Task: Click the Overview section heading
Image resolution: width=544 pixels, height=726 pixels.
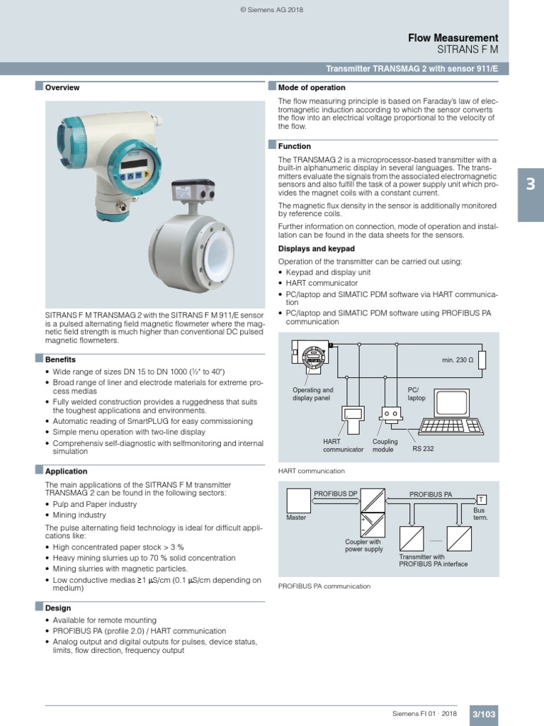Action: tap(62, 88)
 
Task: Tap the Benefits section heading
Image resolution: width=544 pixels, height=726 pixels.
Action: tap(60, 359)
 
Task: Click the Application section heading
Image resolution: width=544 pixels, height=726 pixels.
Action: tap(66, 471)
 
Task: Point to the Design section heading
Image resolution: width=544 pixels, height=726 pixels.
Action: tap(57, 608)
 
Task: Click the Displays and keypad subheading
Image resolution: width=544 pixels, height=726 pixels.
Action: tap(317, 249)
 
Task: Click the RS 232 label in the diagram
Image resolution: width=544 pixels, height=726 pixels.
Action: tap(423, 449)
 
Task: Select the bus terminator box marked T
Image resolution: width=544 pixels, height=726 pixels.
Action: tap(481, 499)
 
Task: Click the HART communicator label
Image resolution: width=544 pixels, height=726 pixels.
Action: tap(343, 445)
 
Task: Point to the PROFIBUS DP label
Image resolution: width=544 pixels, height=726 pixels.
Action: tap(336, 493)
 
